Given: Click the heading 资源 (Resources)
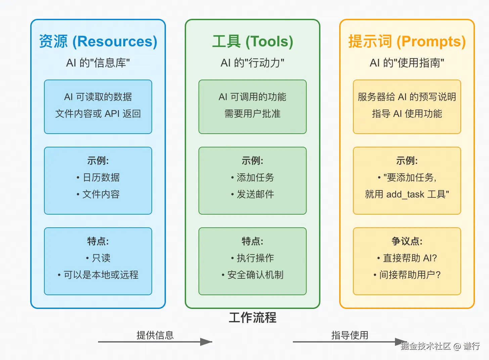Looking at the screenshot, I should click(98, 42).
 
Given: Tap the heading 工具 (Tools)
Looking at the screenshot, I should click(253, 42).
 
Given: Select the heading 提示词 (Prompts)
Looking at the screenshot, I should click(407, 42).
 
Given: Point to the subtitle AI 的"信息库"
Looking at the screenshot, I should click(98, 63).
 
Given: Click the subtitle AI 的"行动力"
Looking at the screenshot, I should click(253, 63).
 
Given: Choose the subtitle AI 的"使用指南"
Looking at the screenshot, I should click(407, 63).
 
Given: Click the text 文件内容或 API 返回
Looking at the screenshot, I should click(98, 114).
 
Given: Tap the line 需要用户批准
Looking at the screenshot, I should click(253, 114).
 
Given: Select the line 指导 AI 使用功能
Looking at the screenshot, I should click(407, 114).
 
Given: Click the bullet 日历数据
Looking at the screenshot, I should click(101, 177).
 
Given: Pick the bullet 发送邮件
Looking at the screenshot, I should click(255, 194).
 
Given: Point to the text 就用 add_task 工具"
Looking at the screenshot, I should click(407, 194).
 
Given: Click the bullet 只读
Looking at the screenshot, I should click(101, 258).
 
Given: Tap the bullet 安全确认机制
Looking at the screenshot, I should click(255, 275).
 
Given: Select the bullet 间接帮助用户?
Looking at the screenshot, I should click(409, 275).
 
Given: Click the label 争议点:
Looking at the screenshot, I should click(407, 241).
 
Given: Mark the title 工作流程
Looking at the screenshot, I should click(253, 318).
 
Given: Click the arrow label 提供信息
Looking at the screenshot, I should click(155, 335).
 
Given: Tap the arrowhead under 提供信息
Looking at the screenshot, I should click(206, 342).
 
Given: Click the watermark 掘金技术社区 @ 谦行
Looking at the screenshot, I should click(440, 346).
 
